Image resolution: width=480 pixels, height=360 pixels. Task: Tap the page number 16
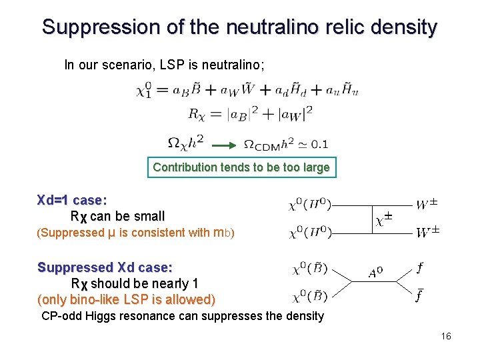pos(446,336)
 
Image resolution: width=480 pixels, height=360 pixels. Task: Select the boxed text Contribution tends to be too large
pos(241,167)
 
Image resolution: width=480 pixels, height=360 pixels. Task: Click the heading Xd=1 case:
pos(72,200)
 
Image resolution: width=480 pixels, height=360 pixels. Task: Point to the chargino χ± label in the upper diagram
pos(383,219)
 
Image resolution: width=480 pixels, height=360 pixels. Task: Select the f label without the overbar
pos(419,268)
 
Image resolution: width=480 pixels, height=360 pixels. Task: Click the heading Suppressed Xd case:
pos(105,267)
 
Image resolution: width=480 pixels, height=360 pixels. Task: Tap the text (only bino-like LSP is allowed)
pos(127,299)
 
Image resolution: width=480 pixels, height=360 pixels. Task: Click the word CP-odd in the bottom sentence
pos(62,316)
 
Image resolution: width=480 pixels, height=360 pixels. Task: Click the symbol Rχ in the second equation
pos(196,114)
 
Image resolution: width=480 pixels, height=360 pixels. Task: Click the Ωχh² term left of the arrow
pos(185,143)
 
